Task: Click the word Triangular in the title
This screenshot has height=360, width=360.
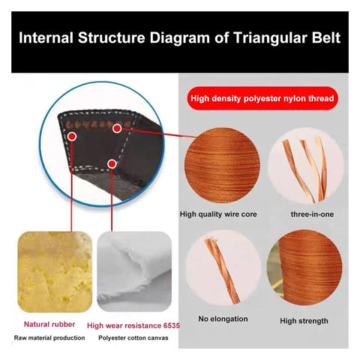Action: pyautogui.click(x=270, y=38)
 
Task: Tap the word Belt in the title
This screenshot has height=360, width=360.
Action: pyautogui.click(x=326, y=37)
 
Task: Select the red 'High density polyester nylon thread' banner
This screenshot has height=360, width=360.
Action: pyautogui.click(x=262, y=98)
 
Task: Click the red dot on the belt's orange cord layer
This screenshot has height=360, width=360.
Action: pyautogui.click(x=117, y=128)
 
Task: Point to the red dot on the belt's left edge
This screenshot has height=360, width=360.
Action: pyautogui.click(x=72, y=136)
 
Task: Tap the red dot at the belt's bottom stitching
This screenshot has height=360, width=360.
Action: pyautogui.click(x=112, y=164)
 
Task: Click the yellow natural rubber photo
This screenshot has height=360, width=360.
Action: pyautogui.click(x=55, y=272)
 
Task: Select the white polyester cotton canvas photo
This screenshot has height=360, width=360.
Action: pyautogui.click(x=134, y=271)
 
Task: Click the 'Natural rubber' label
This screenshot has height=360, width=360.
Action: pyautogui.click(x=49, y=324)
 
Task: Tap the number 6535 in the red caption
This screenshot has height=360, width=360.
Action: pyautogui.click(x=172, y=325)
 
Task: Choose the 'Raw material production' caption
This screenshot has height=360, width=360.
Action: pyautogui.click(x=49, y=338)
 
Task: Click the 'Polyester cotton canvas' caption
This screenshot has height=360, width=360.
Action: pyautogui.click(x=133, y=338)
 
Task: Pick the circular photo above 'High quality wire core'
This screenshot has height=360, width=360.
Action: pyautogui.click(x=222, y=165)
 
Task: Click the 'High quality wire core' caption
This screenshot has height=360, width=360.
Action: pyautogui.click(x=218, y=214)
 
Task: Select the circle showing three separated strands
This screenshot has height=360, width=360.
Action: pyautogui.click(x=306, y=165)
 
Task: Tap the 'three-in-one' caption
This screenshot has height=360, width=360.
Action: pyautogui.click(x=312, y=214)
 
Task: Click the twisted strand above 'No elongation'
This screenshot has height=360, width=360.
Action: pyautogui.click(x=222, y=270)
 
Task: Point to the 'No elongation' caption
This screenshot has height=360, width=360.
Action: pyautogui.click(x=223, y=319)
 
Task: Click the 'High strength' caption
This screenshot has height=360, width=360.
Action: pyautogui.click(x=304, y=321)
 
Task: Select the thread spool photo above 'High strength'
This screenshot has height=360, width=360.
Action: pyautogui.click(x=304, y=267)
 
